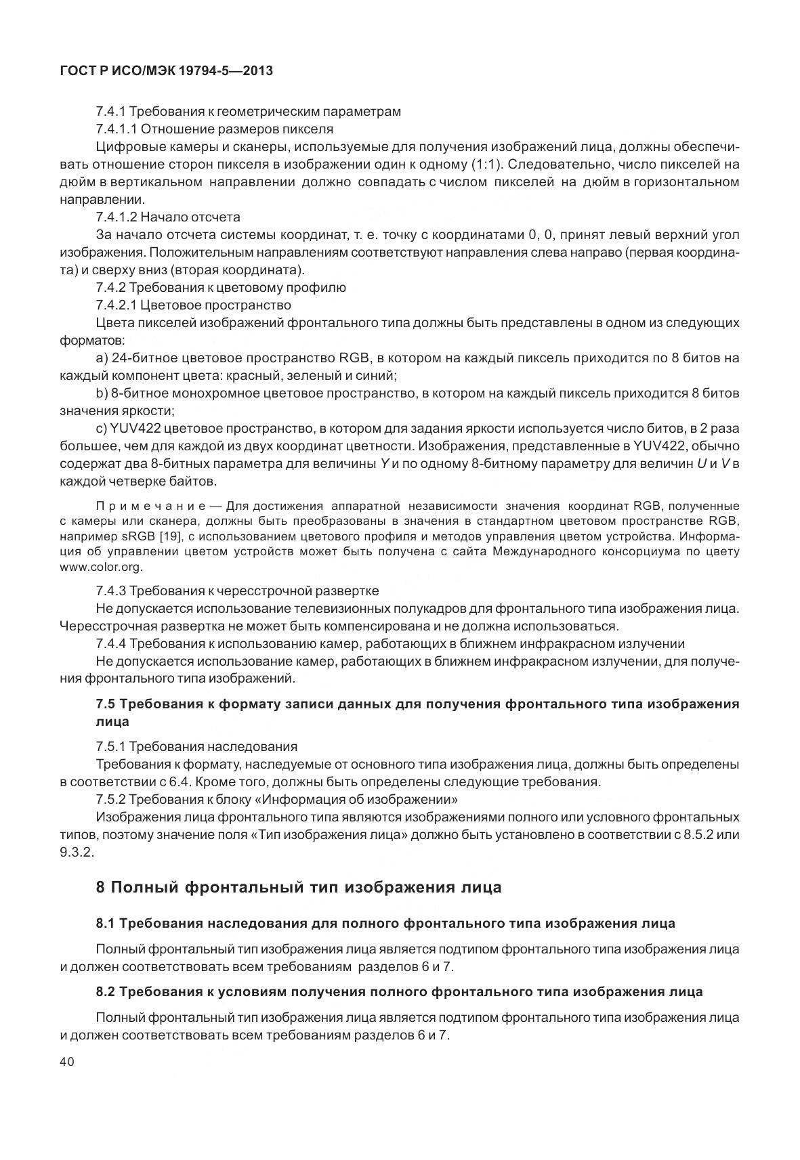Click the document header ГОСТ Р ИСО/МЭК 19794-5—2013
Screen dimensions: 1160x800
[166, 70]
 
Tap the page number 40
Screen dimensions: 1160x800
[67, 1062]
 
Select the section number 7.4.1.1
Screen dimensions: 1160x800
[117, 129]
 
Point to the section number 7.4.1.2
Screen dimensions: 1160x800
[117, 217]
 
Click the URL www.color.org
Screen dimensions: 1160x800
[101, 567]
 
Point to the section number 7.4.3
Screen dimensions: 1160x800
[110, 591]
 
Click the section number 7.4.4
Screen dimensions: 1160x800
[111, 643]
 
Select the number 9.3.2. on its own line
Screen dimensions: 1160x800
[77, 852]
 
